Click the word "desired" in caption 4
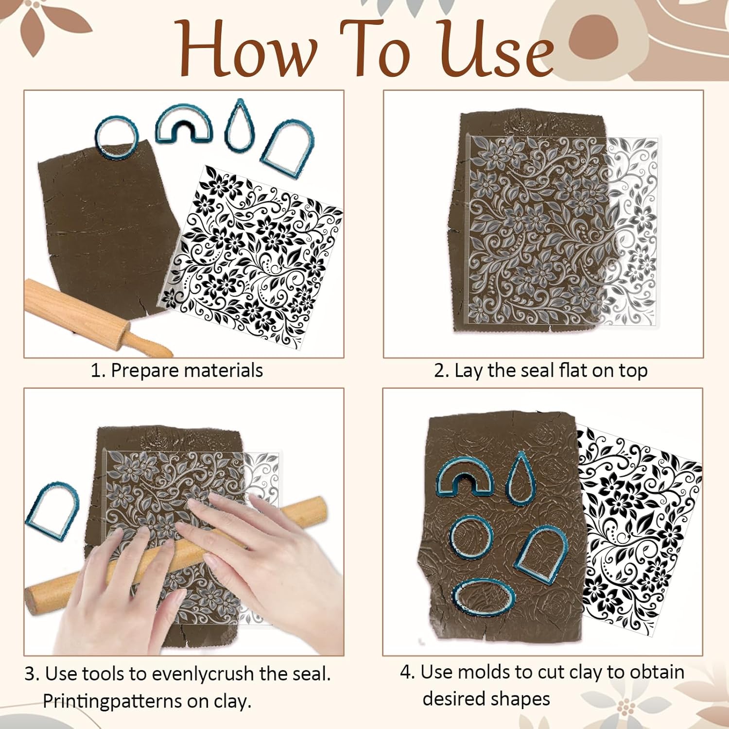pos(453,699)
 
